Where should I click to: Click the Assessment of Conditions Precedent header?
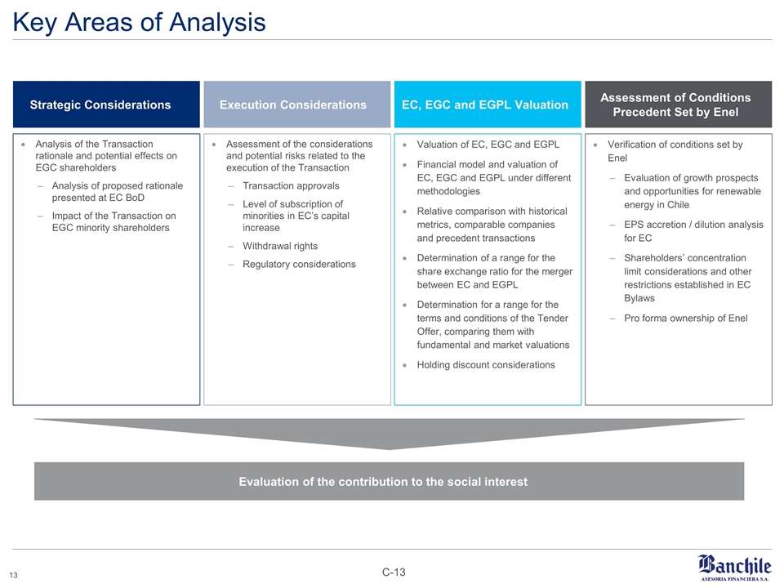(x=675, y=105)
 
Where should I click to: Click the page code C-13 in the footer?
(x=394, y=572)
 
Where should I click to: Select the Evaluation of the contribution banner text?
(x=383, y=481)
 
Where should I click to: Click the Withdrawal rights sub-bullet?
(x=280, y=246)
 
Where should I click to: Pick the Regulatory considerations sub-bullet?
(x=299, y=264)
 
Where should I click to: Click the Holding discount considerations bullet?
(x=486, y=364)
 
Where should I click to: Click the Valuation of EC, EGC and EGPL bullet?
(x=488, y=145)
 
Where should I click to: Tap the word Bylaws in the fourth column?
(x=641, y=298)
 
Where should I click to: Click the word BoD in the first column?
(x=134, y=197)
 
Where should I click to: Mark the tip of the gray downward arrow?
(x=390, y=448)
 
